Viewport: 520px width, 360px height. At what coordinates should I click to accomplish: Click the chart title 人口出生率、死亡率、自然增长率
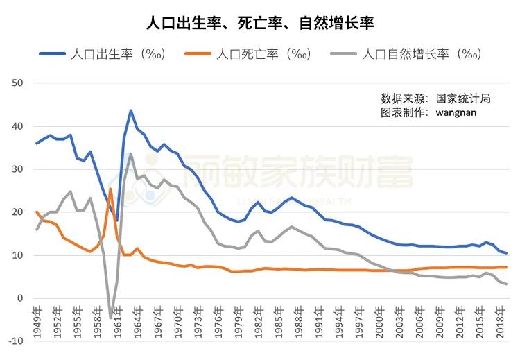[x=260, y=23]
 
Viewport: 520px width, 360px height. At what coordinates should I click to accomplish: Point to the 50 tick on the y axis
[x=18, y=83]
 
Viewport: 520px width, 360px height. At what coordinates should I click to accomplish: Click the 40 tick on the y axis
[x=18, y=126]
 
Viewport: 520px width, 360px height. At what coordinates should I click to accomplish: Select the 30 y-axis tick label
[x=18, y=169]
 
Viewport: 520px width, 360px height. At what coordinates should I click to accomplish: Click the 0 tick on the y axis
[x=21, y=298]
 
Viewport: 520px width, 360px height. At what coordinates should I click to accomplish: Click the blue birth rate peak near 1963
[x=130, y=110]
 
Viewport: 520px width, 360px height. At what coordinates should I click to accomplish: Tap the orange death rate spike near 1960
[x=111, y=189]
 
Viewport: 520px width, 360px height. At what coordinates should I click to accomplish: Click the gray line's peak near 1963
[x=131, y=154]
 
